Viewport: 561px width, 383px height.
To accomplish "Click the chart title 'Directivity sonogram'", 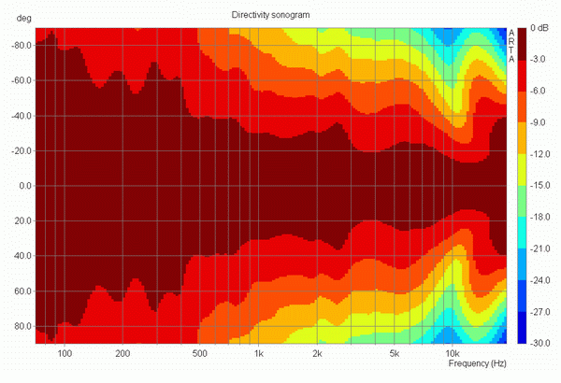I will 270,15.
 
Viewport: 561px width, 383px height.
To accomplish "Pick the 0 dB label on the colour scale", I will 539,28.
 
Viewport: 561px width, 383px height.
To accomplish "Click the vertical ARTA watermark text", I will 511,46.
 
